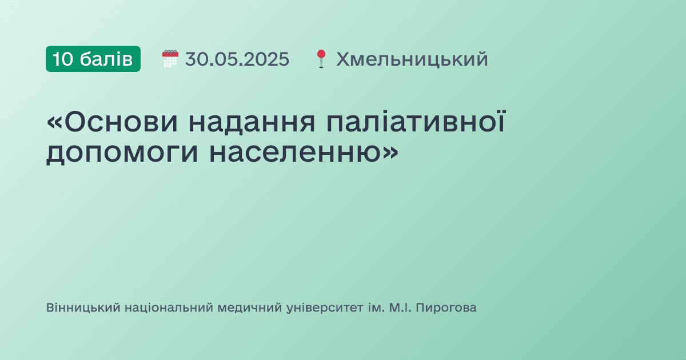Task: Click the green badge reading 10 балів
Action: tap(93, 59)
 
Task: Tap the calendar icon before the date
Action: tap(170, 59)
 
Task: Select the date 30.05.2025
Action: tap(237, 59)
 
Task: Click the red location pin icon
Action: tap(321, 59)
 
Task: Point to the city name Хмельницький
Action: tap(412, 59)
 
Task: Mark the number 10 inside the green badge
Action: tap(63, 59)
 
